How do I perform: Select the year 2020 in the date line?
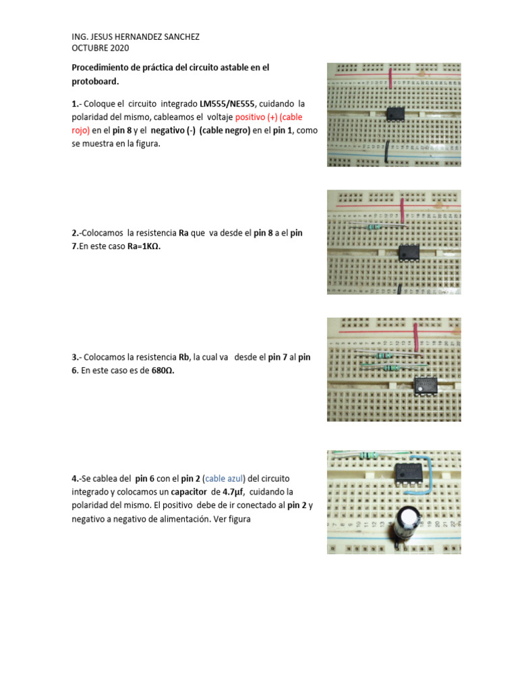[118, 48]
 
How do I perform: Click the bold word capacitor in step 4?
[177, 492]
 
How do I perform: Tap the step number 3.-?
[77, 358]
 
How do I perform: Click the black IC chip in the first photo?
[396, 114]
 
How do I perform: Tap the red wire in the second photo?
[401, 209]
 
